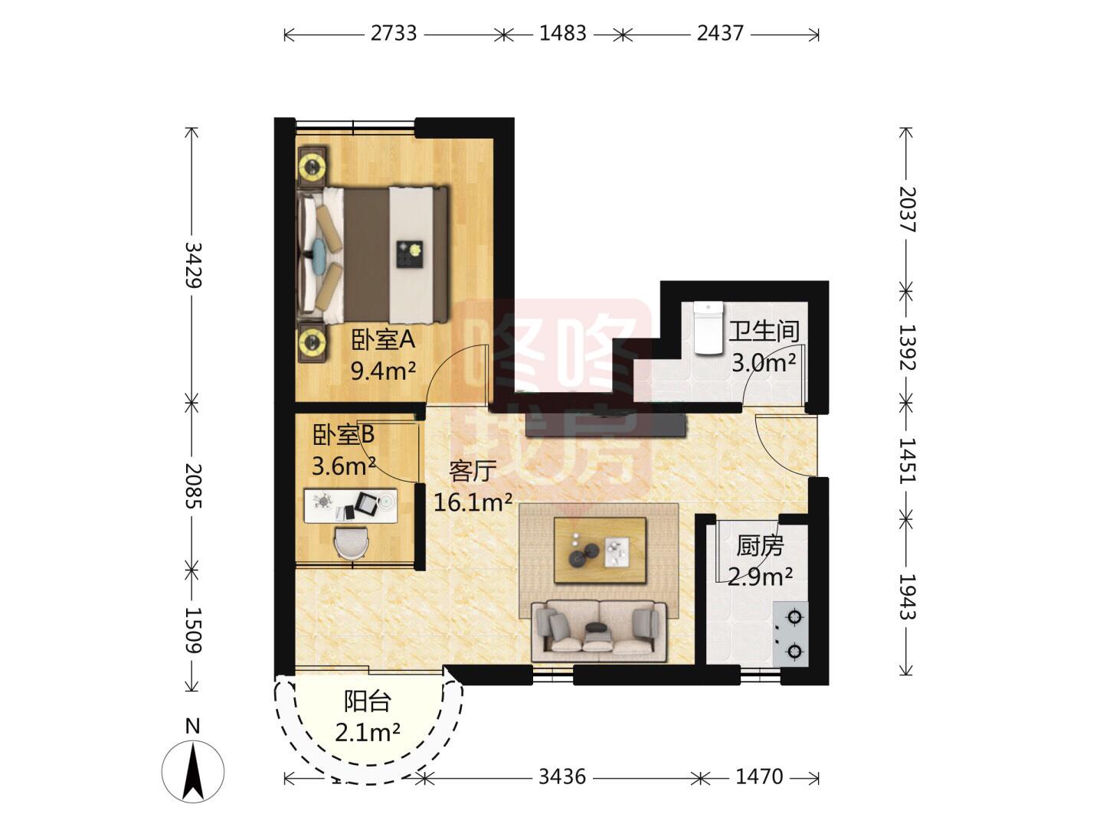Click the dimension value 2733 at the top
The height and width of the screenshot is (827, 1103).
click(x=394, y=34)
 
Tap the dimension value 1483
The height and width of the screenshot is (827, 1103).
click(x=563, y=34)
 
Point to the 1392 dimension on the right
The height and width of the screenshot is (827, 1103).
click(x=907, y=348)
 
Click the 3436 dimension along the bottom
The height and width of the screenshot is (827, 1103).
click(x=562, y=776)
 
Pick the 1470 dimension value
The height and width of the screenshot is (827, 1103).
click(x=759, y=776)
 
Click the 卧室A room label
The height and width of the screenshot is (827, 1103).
click(x=383, y=340)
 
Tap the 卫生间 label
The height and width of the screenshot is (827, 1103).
click(x=764, y=332)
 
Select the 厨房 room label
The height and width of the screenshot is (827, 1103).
click(x=760, y=546)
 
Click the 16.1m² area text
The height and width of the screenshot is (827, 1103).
click(x=473, y=502)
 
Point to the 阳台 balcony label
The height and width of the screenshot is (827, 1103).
click(x=368, y=701)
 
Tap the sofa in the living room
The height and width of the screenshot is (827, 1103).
click(x=598, y=631)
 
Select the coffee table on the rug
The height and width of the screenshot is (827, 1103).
click(x=600, y=551)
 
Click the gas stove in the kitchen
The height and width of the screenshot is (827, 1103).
click(x=790, y=634)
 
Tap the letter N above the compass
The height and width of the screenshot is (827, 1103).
click(x=193, y=727)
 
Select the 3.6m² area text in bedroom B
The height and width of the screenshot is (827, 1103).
click(x=344, y=466)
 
